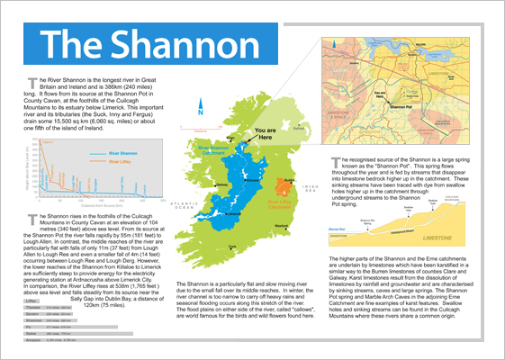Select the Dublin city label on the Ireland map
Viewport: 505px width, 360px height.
(287, 181)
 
